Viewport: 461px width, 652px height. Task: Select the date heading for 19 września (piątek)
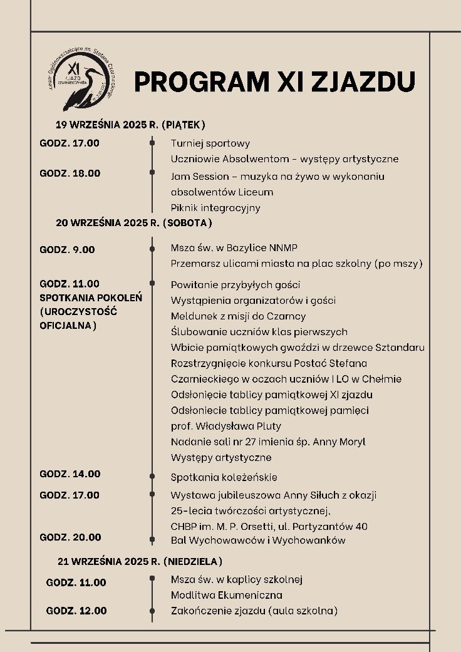(130, 124)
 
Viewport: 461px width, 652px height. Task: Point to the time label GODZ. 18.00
(70, 173)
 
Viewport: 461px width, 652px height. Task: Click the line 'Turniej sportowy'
(210, 143)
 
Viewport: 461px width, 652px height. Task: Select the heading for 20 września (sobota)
(134, 222)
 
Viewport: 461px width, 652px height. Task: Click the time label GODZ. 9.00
(67, 249)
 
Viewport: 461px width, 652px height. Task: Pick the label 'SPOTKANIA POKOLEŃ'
(91, 298)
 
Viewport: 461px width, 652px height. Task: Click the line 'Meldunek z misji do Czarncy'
(238, 316)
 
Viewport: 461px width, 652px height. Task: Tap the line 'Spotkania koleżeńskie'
(224, 477)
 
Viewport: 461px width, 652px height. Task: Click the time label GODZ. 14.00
(70, 474)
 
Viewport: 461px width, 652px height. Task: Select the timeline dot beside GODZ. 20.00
(152, 539)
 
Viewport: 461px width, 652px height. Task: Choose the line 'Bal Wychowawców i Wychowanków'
(258, 540)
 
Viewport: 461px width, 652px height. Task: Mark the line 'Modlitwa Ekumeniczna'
(226, 595)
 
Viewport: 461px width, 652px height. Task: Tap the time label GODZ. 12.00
(76, 611)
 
